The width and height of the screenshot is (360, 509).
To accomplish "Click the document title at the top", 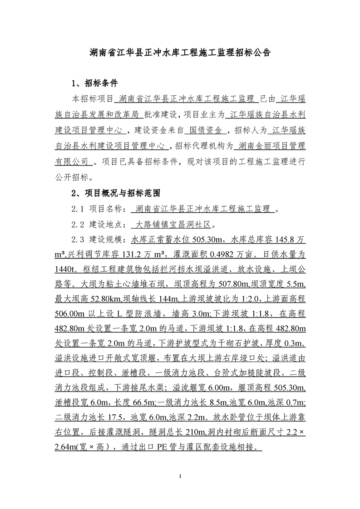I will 180,52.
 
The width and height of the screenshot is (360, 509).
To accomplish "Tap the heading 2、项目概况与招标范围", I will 116,193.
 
